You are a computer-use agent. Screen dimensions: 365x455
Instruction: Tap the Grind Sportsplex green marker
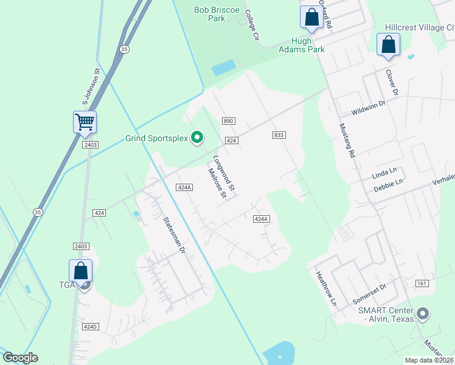[x=197, y=139]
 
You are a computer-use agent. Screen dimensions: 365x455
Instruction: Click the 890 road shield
[x=228, y=122]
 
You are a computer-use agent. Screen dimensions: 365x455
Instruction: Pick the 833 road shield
[x=279, y=134]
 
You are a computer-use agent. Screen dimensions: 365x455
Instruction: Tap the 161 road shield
[x=422, y=284]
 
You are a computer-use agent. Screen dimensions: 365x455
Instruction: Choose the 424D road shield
[x=91, y=327]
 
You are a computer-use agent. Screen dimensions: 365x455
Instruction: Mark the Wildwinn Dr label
[x=369, y=108]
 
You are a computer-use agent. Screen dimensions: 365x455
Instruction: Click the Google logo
[x=20, y=358]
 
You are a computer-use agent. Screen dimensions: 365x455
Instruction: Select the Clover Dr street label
[x=391, y=82]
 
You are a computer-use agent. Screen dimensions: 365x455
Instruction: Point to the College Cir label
[x=252, y=25]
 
